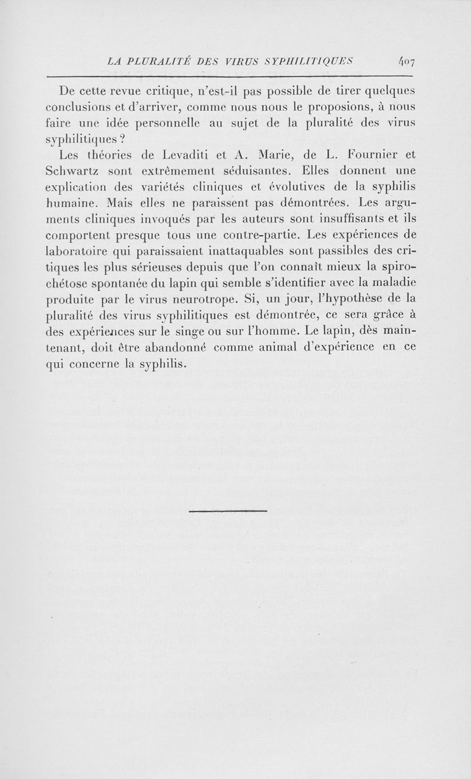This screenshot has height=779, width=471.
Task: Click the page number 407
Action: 407,60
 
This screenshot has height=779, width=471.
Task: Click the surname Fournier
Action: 375,155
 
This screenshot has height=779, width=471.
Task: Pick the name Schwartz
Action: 72,171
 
